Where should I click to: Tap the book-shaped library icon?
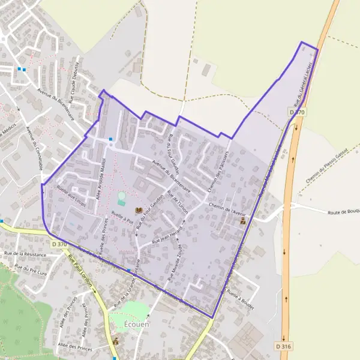point(139,211)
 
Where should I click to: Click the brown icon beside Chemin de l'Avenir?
point(243,221)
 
